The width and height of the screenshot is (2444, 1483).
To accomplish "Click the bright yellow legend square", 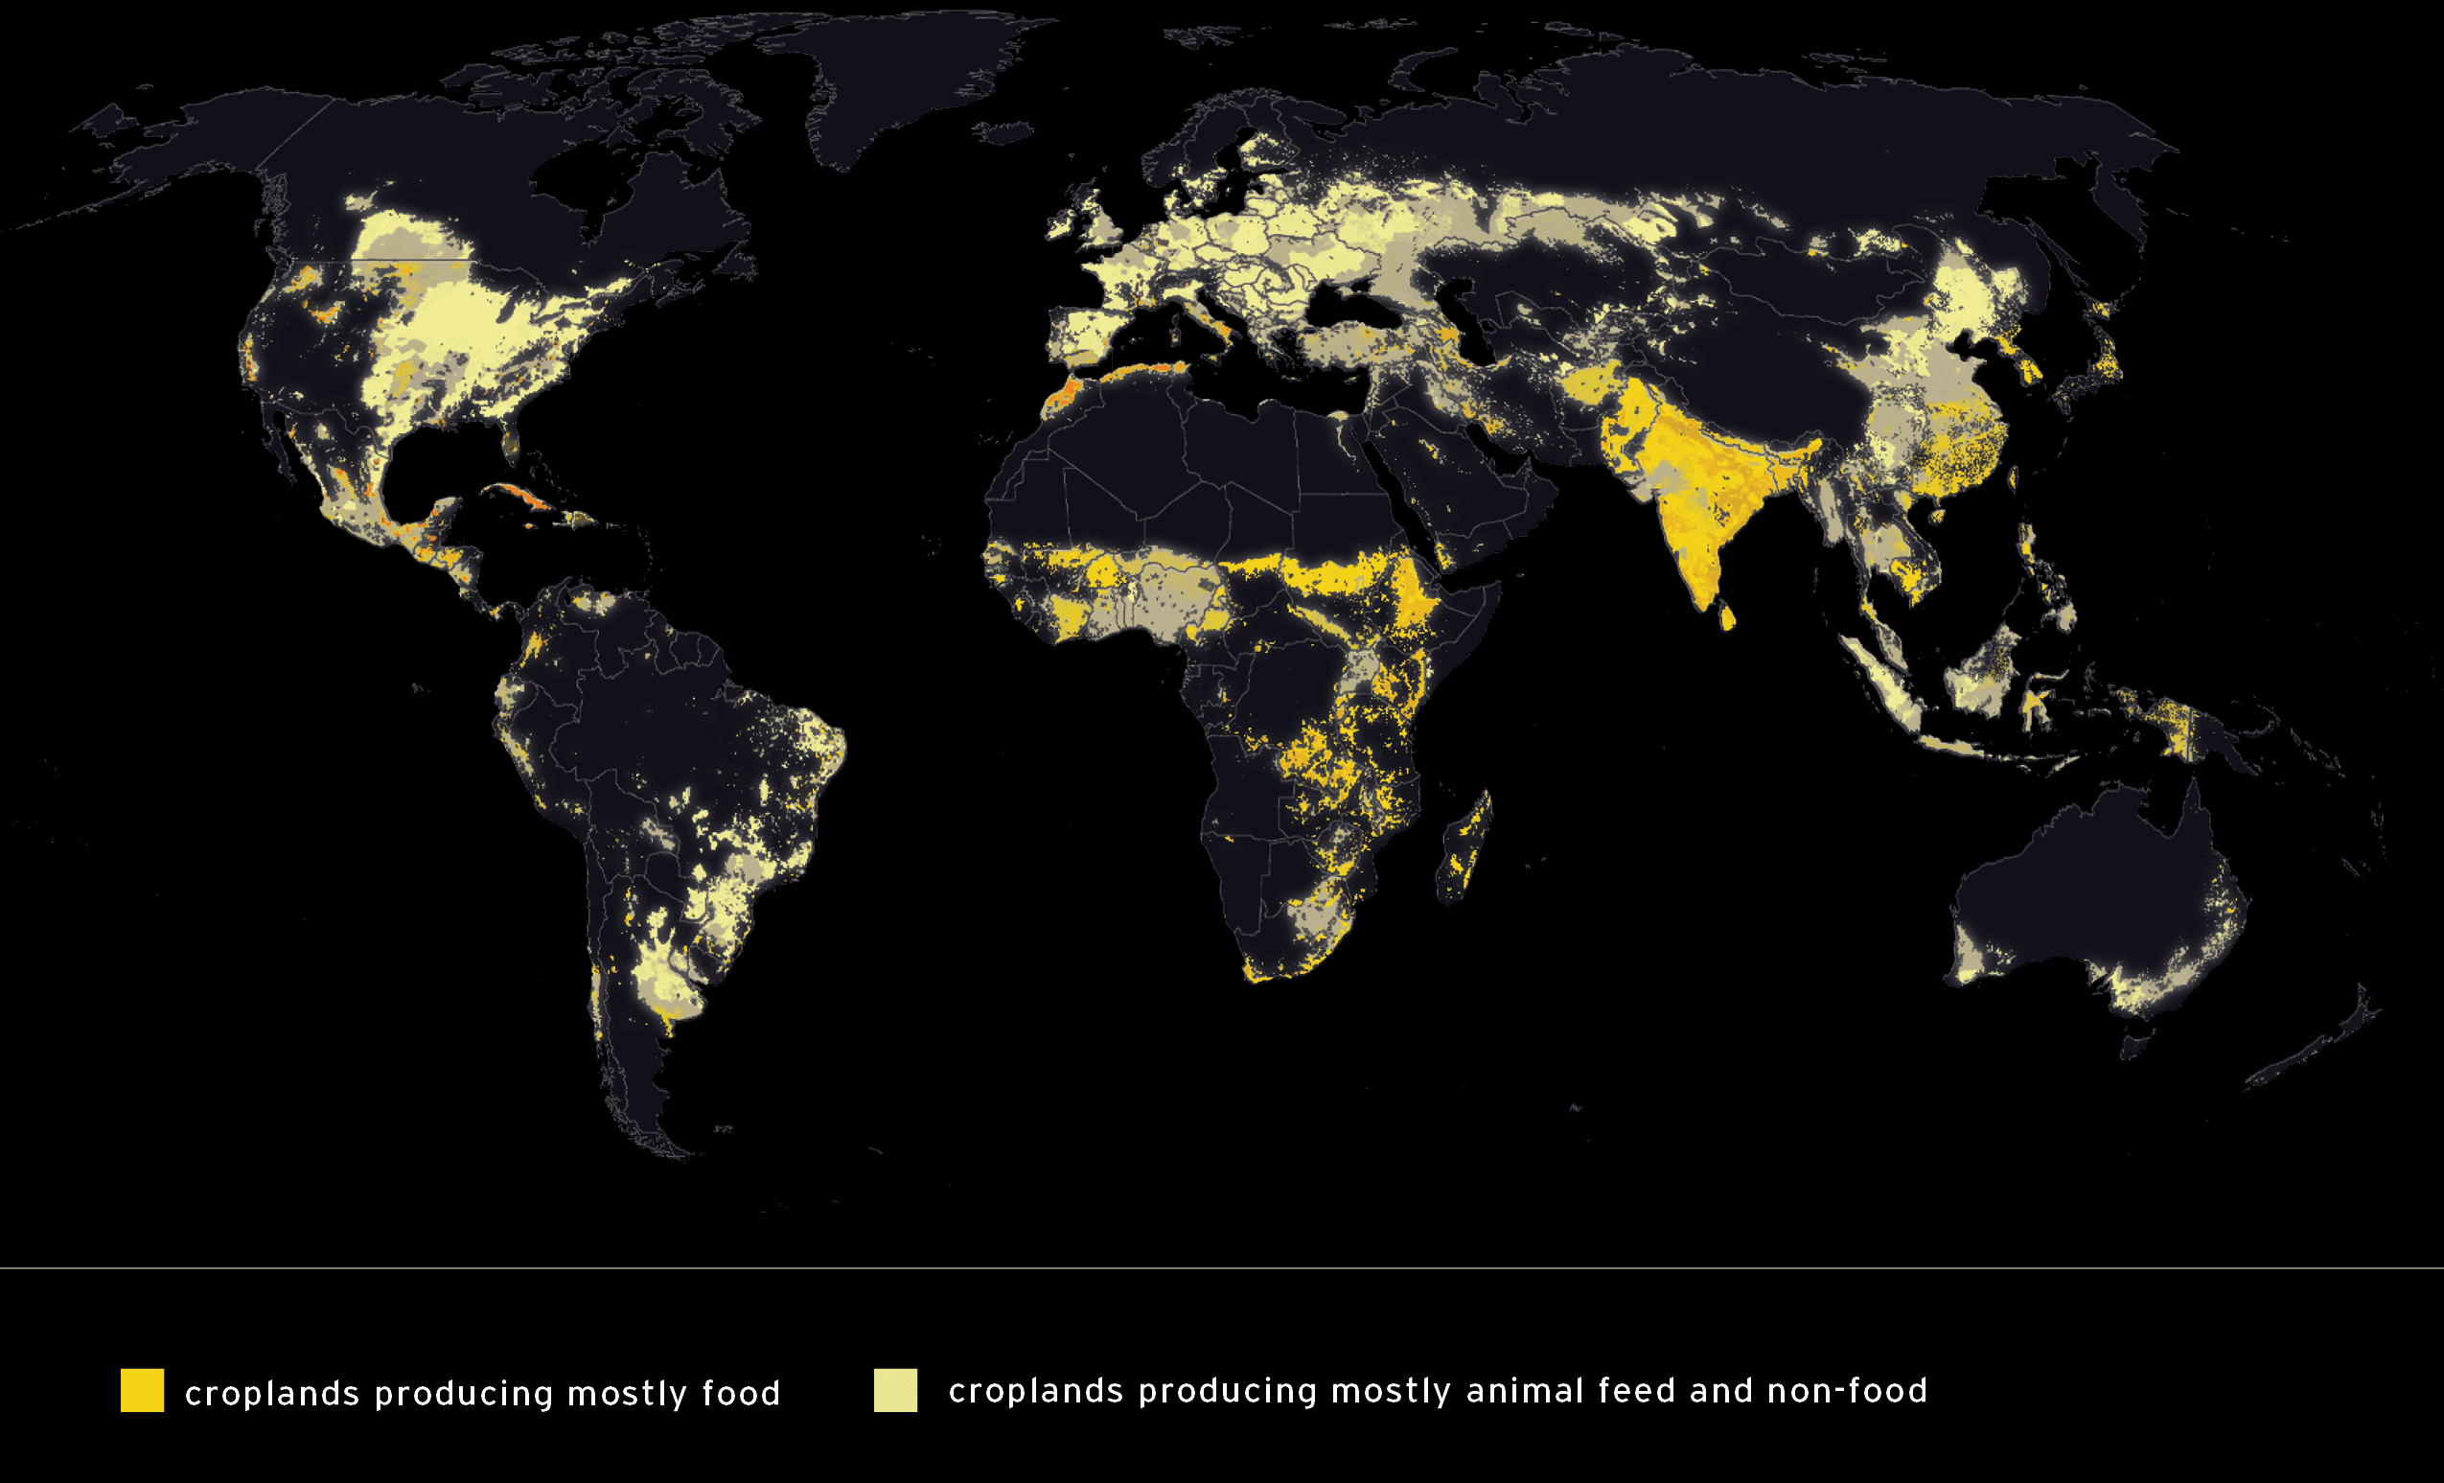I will pyautogui.click(x=142, y=1390).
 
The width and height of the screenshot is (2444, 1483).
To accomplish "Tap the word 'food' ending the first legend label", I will pyautogui.click(x=741, y=1393).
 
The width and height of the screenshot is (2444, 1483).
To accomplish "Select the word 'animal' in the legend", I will pyautogui.click(x=1524, y=1391).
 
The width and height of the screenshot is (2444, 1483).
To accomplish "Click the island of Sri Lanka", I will pyautogui.click(x=1727, y=617).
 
